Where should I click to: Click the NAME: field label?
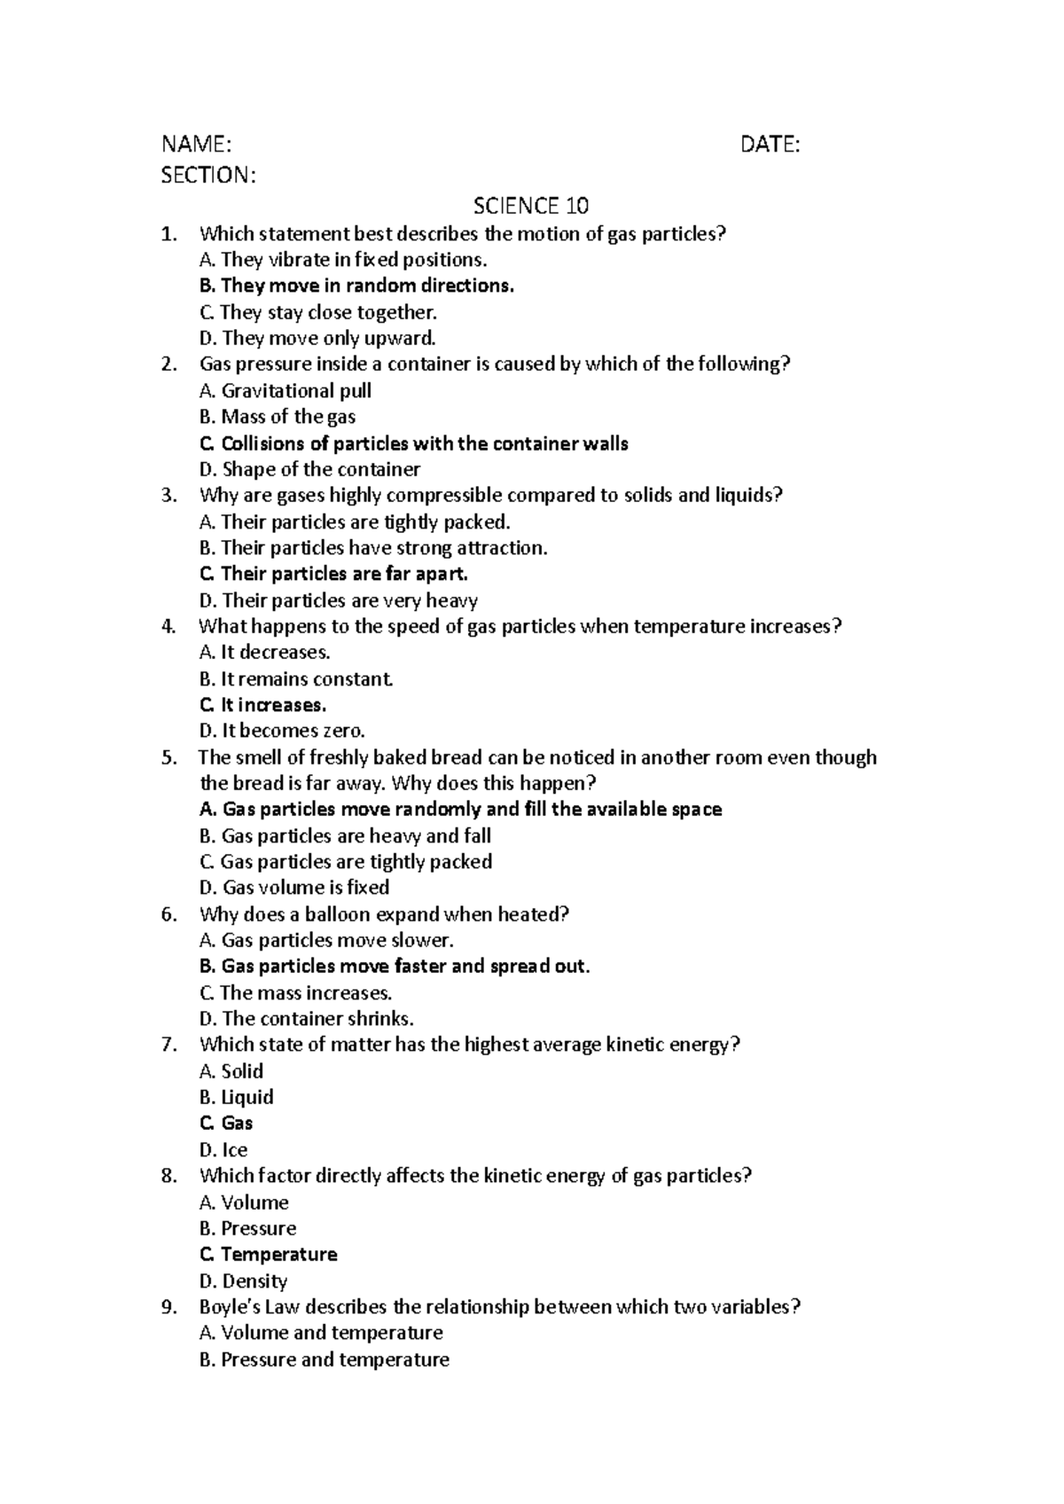[x=196, y=145]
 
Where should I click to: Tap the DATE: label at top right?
[x=770, y=145]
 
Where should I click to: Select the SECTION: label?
[x=207, y=176]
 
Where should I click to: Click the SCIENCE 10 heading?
[x=530, y=207]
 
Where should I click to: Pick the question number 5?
[x=168, y=757]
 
